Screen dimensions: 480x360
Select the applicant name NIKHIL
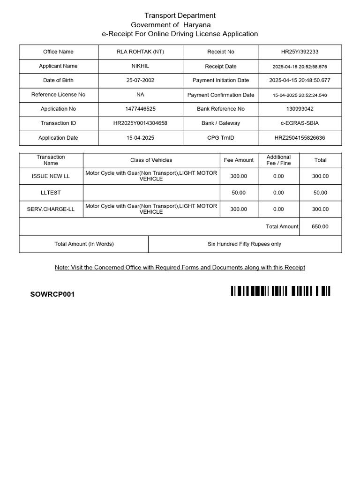tap(140, 66)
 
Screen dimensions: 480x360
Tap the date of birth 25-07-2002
tap(140, 80)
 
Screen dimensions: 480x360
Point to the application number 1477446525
tap(140, 109)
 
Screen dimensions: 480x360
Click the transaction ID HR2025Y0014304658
tap(140, 123)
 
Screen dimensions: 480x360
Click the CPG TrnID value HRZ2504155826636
tap(300, 138)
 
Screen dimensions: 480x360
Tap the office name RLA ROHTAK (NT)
tap(140, 52)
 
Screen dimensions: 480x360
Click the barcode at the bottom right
tap(280, 291)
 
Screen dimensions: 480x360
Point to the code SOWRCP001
tap(52, 294)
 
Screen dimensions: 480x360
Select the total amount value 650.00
tap(320, 226)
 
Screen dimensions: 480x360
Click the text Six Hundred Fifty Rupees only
tap(244, 244)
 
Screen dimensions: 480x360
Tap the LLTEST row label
tap(51, 193)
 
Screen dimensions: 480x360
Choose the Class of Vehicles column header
tap(151, 160)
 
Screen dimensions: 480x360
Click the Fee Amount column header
tap(239, 160)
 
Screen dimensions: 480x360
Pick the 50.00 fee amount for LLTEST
tap(239, 193)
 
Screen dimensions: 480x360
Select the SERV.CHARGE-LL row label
tap(51, 209)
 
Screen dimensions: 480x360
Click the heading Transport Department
tap(180, 15)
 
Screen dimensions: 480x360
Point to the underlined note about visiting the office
tap(180, 267)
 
